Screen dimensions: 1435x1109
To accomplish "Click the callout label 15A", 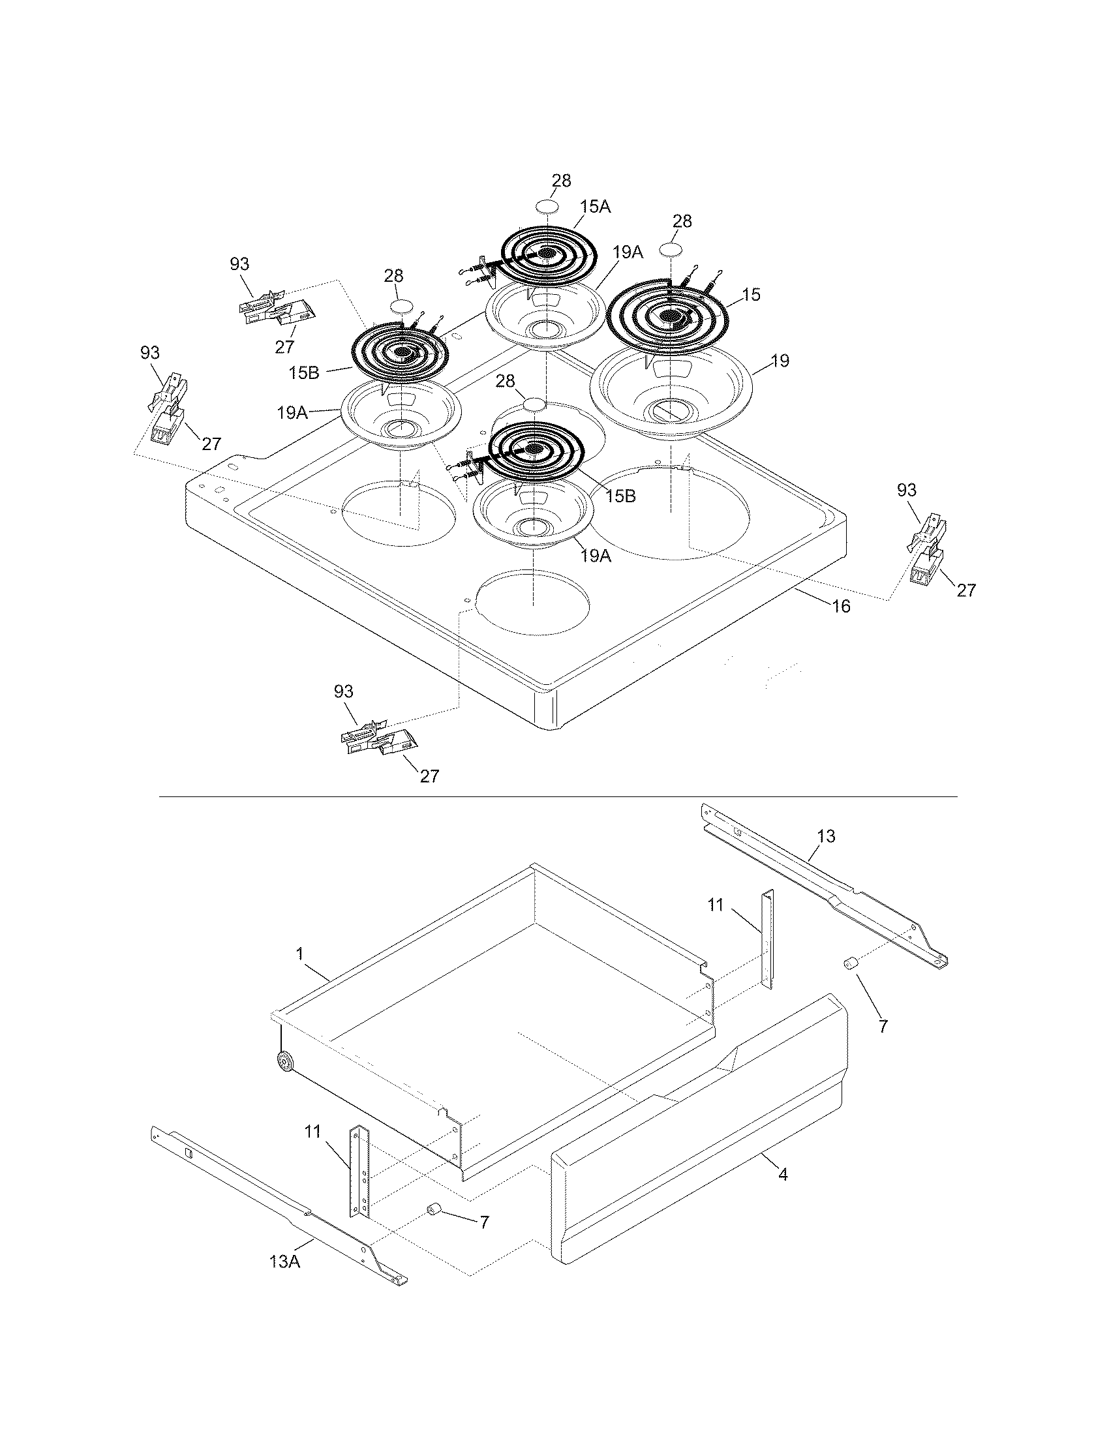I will [594, 207].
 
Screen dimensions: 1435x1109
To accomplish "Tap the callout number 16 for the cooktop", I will [841, 606].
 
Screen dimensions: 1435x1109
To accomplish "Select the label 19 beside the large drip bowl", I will [780, 361].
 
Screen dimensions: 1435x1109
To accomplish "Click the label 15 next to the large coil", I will [751, 294].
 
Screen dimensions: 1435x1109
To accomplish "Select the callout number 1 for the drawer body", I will [299, 954].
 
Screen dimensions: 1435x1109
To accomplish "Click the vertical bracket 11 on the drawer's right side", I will [768, 938].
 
